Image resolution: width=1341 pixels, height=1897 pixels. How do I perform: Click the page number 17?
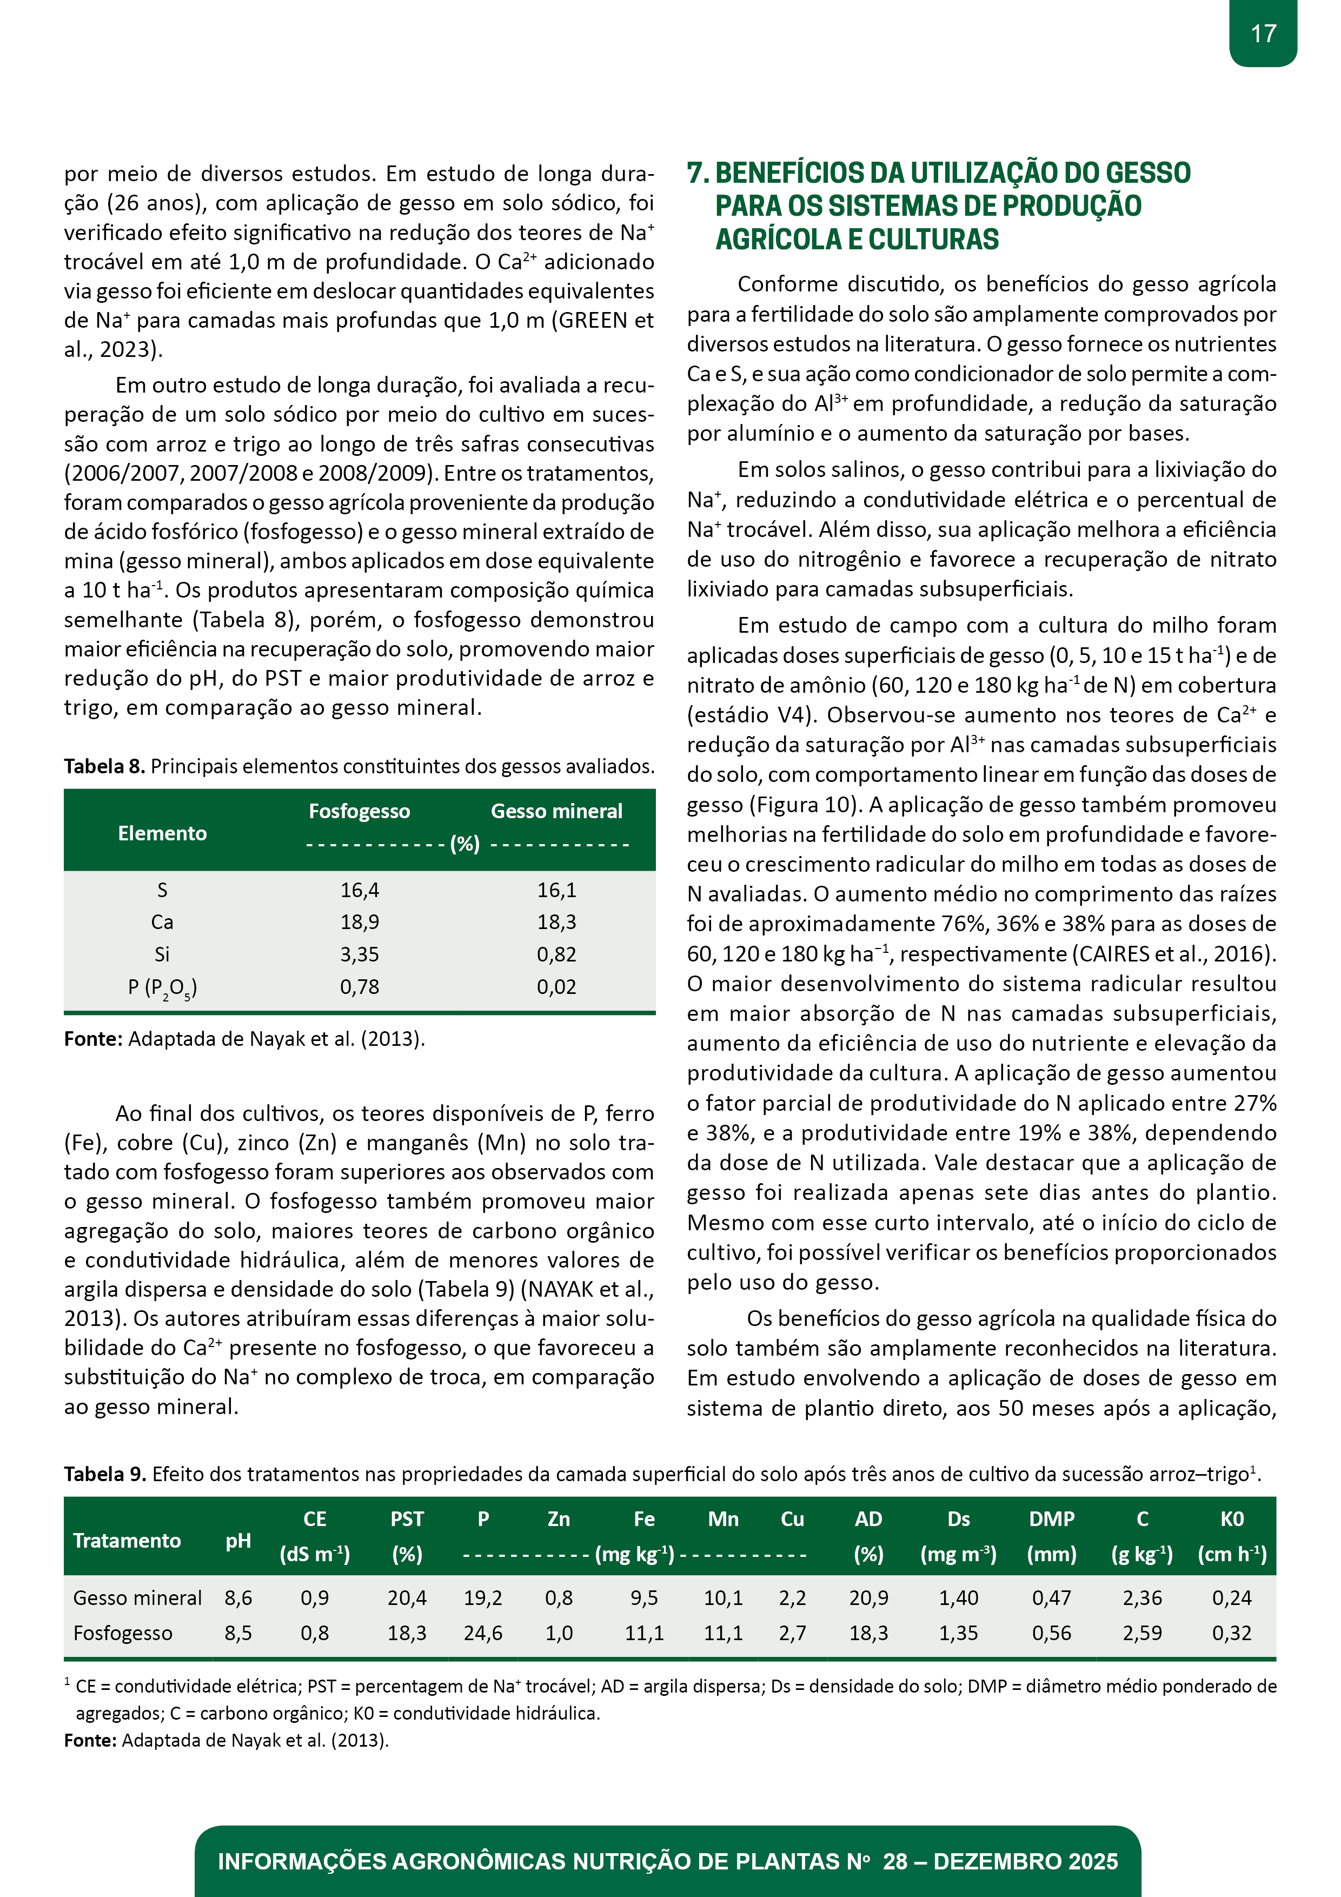1263,34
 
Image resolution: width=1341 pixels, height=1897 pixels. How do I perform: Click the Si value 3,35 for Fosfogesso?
360,954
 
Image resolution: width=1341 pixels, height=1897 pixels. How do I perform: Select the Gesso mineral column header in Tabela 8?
556,811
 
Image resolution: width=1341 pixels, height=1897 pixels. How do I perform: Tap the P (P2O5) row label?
162,987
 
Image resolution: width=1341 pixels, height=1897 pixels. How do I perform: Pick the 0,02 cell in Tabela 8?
556,987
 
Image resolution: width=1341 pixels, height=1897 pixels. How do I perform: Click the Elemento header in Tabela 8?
162,833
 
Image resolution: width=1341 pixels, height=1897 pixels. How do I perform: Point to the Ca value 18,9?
360,922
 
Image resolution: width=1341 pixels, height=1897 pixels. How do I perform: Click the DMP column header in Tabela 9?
1051,1518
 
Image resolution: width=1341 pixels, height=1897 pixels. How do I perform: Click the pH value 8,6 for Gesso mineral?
238,1598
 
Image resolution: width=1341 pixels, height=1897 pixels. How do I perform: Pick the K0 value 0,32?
1231,1634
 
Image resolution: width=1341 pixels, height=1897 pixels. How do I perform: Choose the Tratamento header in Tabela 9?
127,1540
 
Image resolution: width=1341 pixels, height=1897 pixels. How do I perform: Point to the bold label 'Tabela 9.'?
104,1474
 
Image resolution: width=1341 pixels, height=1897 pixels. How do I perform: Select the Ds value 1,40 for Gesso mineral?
959,1598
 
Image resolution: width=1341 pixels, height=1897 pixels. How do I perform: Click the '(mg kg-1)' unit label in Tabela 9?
635,1555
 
